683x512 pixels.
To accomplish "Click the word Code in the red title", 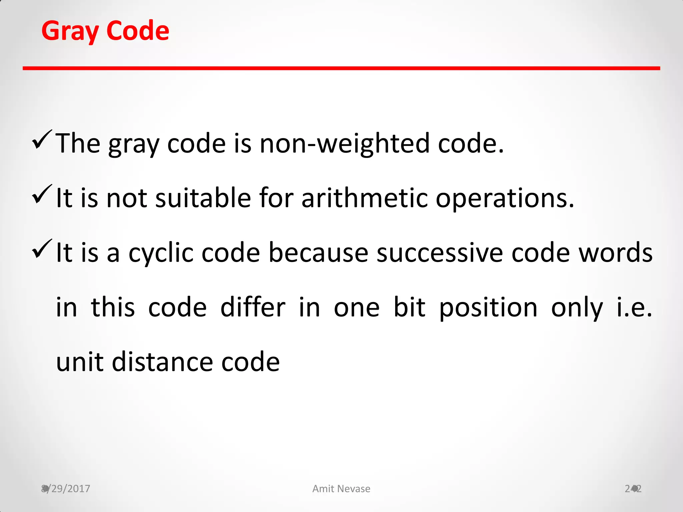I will pos(138,31).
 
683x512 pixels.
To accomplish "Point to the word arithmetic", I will pos(365,198).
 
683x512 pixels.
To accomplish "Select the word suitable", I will pos(203,198).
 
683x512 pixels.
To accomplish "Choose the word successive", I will pos(439,253).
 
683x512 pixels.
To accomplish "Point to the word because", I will pos(318,253).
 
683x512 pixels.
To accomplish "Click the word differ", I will pos(253,307).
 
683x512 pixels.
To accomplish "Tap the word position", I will pos(488,308).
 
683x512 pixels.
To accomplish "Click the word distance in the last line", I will pos(162,362).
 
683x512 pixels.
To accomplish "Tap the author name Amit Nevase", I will pos(341,489).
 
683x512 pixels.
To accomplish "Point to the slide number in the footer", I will pos(633,489).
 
